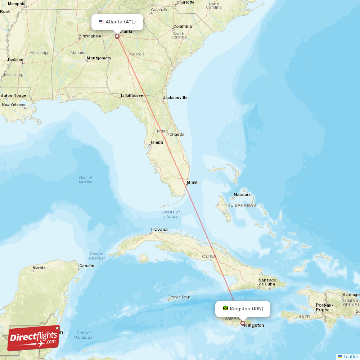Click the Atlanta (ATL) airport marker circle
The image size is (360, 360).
tap(117, 36)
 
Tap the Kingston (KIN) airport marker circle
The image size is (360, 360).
tap(243, 323)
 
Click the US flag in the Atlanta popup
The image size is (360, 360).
tap(102, 22)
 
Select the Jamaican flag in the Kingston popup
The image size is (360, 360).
tap(226, 309)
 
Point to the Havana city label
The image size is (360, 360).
tap(159, 229)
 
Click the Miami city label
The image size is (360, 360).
tap(193, 182)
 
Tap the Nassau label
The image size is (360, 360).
tap(242, 195)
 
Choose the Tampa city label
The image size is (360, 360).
tap(157, 142)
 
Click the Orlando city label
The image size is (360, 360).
tap(177, 134)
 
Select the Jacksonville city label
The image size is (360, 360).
tap(175, 98)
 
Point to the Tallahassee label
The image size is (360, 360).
tap(131, 95)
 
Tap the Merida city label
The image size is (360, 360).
tap(39, 268)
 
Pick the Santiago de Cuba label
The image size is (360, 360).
tap(267, 282)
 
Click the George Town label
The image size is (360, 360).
tap(179, 297)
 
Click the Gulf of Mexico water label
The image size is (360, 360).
tap(86, 180)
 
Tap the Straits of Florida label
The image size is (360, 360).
tap(171, 214)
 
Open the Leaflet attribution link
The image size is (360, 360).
tap(350, 356)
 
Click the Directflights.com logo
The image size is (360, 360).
tap(33, 338)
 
